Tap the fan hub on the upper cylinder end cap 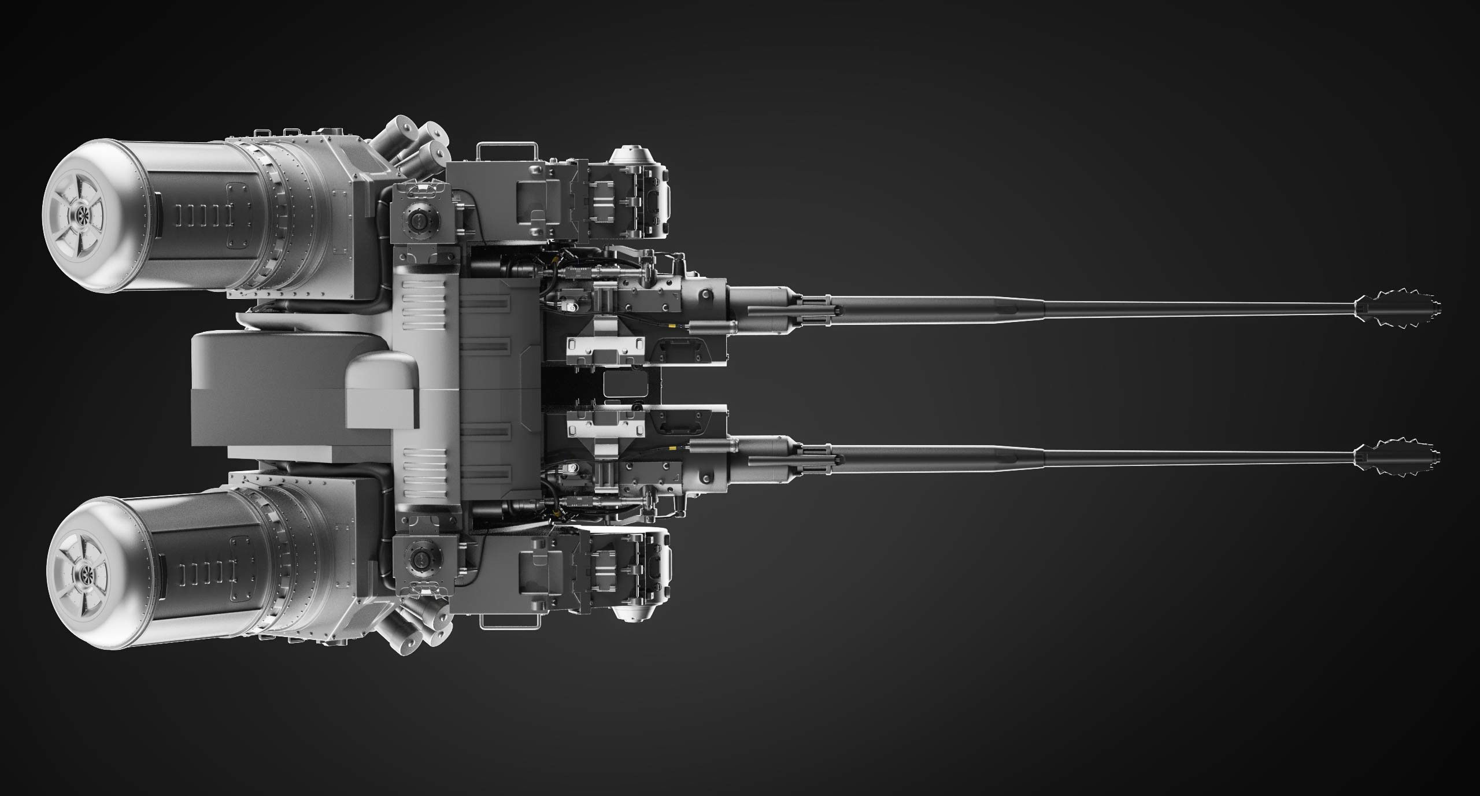[79, 217]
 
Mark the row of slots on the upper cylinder [200, 216]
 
